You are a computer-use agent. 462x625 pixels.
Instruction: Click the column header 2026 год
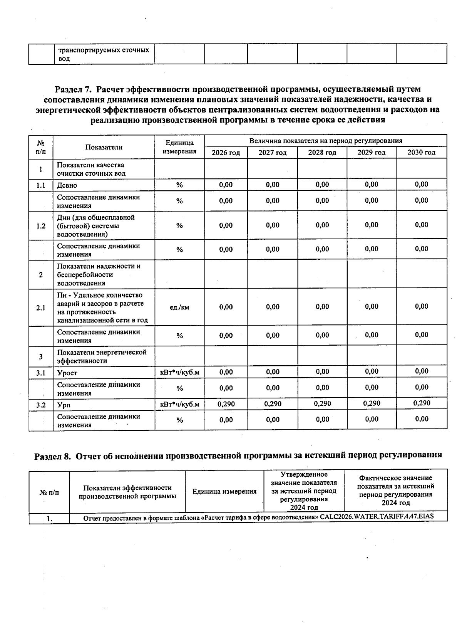(x=226, y=153)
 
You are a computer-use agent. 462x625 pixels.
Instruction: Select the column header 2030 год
(x=421, y=153)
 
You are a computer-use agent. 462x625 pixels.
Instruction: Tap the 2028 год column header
(x=322, y=153)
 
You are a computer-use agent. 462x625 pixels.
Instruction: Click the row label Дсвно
(x=67, y=185)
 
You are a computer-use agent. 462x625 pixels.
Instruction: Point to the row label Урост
(x=67, y=373)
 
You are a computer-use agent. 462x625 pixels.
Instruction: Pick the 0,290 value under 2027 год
(x=273, y=404)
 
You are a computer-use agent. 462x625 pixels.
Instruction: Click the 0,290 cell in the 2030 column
(x=422, y=403)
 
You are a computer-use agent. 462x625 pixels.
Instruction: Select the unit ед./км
(x=179, y=307)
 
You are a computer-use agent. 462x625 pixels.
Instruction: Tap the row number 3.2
(x=41, y=405)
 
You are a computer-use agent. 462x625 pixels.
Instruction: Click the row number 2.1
(x=41, y=308)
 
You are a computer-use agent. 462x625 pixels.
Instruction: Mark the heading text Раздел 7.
(x=73, y=89)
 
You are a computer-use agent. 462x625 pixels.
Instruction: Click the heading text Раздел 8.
(x=53, y=456)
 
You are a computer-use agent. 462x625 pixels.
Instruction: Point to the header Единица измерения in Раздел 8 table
(x=224, y=491)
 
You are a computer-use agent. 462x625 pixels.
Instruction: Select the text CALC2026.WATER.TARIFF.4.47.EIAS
(x=377, y=516)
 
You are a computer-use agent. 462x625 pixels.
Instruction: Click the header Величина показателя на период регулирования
(x=325, y=141)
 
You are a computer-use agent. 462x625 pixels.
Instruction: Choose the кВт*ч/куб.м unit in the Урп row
(x=179, y=405)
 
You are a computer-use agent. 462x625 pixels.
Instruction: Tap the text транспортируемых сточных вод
(x=103, y=54)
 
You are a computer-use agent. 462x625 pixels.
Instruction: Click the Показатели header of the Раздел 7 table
(x=104, y=147)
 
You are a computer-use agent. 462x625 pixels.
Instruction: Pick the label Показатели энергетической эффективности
(x=102, y=356)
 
